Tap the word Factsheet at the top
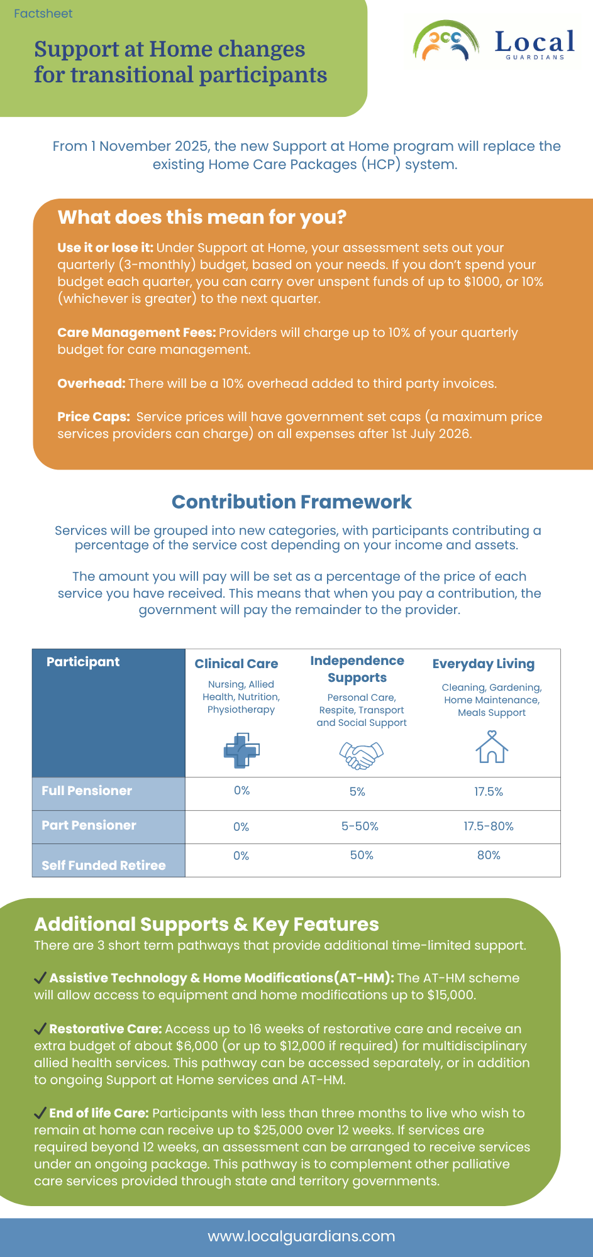[43, 14]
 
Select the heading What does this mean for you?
[202, 217]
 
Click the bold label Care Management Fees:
[136, 332]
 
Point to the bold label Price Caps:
[93, 417]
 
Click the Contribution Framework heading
[292, 502]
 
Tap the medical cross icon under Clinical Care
[241, 750]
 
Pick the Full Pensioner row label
[87, 791]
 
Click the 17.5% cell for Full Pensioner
[489, 792]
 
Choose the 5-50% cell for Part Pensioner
[360, 826]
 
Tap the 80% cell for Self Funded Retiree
[489, 855]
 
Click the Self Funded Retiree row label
[104, 865]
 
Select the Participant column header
[83, 662]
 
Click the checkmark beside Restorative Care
[40, 1029]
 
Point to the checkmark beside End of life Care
[40, 1113]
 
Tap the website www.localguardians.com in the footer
[301, 1236]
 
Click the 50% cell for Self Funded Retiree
[362, 855]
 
